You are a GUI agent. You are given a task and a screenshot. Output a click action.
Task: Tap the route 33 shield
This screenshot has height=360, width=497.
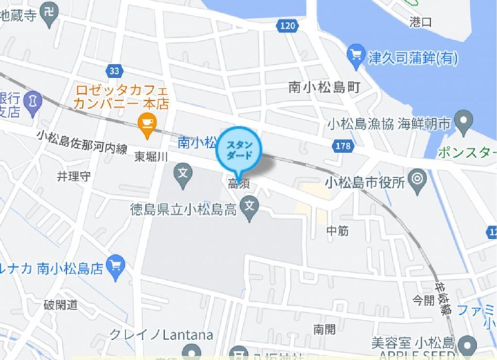[x=114, y=71]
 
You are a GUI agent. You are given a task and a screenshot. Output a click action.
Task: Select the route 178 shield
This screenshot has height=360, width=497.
[x=343, y=146]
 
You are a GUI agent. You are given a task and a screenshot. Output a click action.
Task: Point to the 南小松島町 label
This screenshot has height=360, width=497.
[x=324, y=87]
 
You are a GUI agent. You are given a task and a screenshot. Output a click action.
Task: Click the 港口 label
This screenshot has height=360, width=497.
[x=420, y=22]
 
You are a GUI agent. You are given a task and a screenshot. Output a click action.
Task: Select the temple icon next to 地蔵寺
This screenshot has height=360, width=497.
[x=50, y=15]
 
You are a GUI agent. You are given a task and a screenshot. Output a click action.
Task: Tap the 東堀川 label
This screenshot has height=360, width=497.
[x=151, y=156]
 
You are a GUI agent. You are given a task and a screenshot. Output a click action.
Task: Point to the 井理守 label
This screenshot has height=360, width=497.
[x=73, y=176]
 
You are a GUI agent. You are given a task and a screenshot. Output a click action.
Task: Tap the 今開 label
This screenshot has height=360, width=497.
[x=423, y=300]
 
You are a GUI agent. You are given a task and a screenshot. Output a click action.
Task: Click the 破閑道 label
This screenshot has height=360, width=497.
[x=60, y=305]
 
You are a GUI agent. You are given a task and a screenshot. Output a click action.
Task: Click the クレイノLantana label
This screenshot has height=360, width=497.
[x=161, y=335]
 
